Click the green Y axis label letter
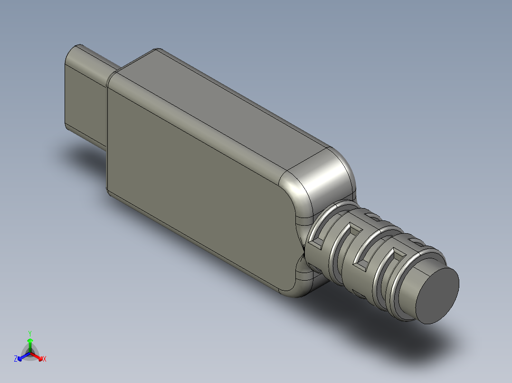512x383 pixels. (30, 333)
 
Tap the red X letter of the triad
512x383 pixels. (45, 359)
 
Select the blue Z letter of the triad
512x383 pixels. (16, 359)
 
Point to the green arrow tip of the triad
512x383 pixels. (30, 341)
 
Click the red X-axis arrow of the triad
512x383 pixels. (38, 356)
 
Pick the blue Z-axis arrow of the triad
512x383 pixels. (22, 356)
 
